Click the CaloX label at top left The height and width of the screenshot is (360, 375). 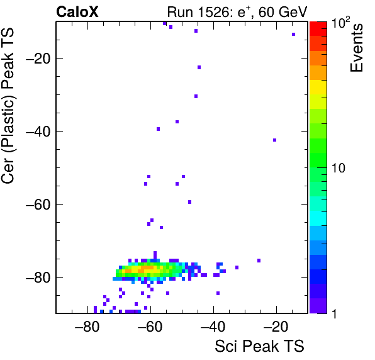point(77,12)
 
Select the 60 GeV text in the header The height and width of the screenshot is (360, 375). point(283,12)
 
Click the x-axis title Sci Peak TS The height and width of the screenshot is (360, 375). point(259,346)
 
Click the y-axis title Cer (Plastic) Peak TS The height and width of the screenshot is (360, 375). point(8,106)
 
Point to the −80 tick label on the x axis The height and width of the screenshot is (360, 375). point(87,327)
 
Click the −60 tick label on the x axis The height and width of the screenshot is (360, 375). point(150,327)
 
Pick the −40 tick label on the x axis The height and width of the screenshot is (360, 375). point(213,327)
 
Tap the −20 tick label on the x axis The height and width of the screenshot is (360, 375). point(276,327)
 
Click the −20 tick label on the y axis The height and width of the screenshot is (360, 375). point(38,59)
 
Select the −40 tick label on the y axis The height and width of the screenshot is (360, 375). point(38,132)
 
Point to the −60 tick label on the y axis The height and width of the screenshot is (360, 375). point(38,205)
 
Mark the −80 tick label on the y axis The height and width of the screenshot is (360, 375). point(38,278)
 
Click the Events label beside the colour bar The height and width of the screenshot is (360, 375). point(357,48)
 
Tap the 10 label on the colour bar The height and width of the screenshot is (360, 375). point(339,169)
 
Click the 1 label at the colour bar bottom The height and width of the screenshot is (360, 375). point(334,313)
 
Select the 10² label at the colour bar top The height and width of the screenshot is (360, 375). point(341,23)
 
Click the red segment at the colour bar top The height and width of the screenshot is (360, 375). point(318,29)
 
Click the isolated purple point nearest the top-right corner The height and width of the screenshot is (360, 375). point(293,34)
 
